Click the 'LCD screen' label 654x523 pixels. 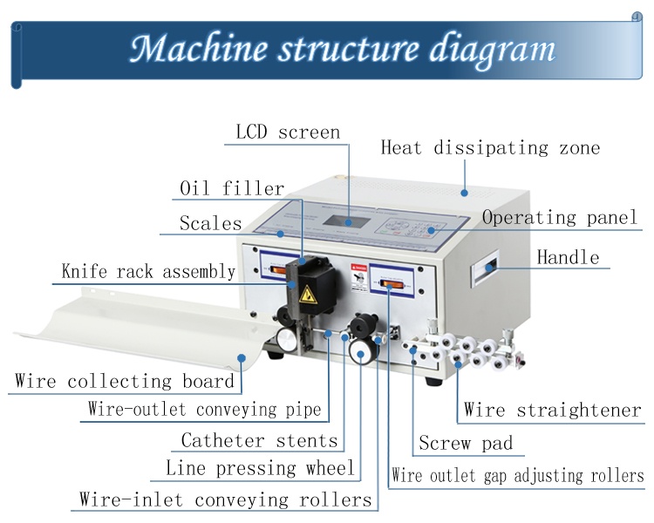[x=288, y=132]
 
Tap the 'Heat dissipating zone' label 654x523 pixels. [x=490, y=147]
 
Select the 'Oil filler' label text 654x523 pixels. [x=232, y=188]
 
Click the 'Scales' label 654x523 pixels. [x=210, y=223]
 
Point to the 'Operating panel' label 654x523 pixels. [x=560, y=217]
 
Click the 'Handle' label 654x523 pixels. [x=568, y=257]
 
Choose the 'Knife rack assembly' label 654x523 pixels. [x=148, y=271]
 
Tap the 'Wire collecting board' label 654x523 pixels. [x=125, y=381]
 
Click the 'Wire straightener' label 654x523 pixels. [x=552, y=409]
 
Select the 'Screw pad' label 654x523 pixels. [x=466, y=443]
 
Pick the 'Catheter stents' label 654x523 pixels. [x=259, y=440]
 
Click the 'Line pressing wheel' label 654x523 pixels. [x=260, y=468]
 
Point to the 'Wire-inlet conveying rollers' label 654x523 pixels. [x=226, y=499]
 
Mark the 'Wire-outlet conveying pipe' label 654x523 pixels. [x=204, y=409]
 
